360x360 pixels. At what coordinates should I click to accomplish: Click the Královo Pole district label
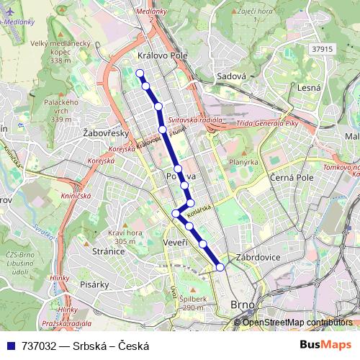(x=162, y=55)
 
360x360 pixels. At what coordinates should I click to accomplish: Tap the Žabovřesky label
(x=105, y=133)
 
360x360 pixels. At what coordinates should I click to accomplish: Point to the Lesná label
(x=308, y=87)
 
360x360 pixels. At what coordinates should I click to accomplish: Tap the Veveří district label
(x=176, y=243)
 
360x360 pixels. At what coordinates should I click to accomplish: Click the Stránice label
(x=109, y=252)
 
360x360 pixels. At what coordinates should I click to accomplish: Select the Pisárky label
(x=94, y=284)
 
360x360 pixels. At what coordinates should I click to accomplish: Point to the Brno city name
(x=243, y=305)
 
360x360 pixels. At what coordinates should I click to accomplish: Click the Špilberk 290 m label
(x=192, y=302)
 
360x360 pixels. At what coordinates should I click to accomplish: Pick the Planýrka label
(x=243, y=162)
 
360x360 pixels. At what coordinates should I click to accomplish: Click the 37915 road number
(x=324, y=49)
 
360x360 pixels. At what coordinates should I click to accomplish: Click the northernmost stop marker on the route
(x=139, y=72)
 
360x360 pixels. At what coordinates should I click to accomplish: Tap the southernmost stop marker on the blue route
(x=220, y=267)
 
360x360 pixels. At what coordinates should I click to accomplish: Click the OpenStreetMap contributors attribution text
(x=297, y=323)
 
